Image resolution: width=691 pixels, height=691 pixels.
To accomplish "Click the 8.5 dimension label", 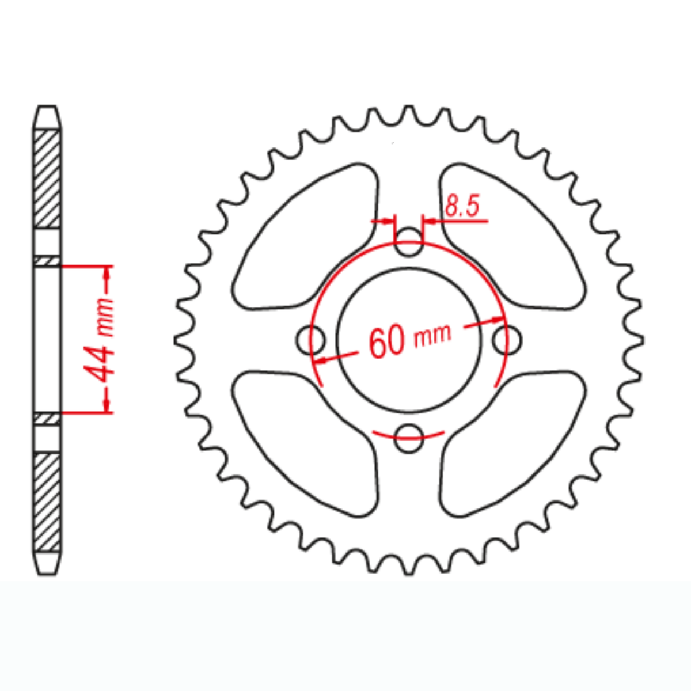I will click(x=462, y=207).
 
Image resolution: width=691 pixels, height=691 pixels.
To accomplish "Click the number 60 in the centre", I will click(x=386, y=342).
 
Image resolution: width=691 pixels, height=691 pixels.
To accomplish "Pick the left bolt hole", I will click(x=311, y=340).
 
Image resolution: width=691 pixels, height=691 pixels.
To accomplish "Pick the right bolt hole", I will click(x=507, y=340).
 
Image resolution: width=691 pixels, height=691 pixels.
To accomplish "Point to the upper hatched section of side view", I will click(x=47, y=179).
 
